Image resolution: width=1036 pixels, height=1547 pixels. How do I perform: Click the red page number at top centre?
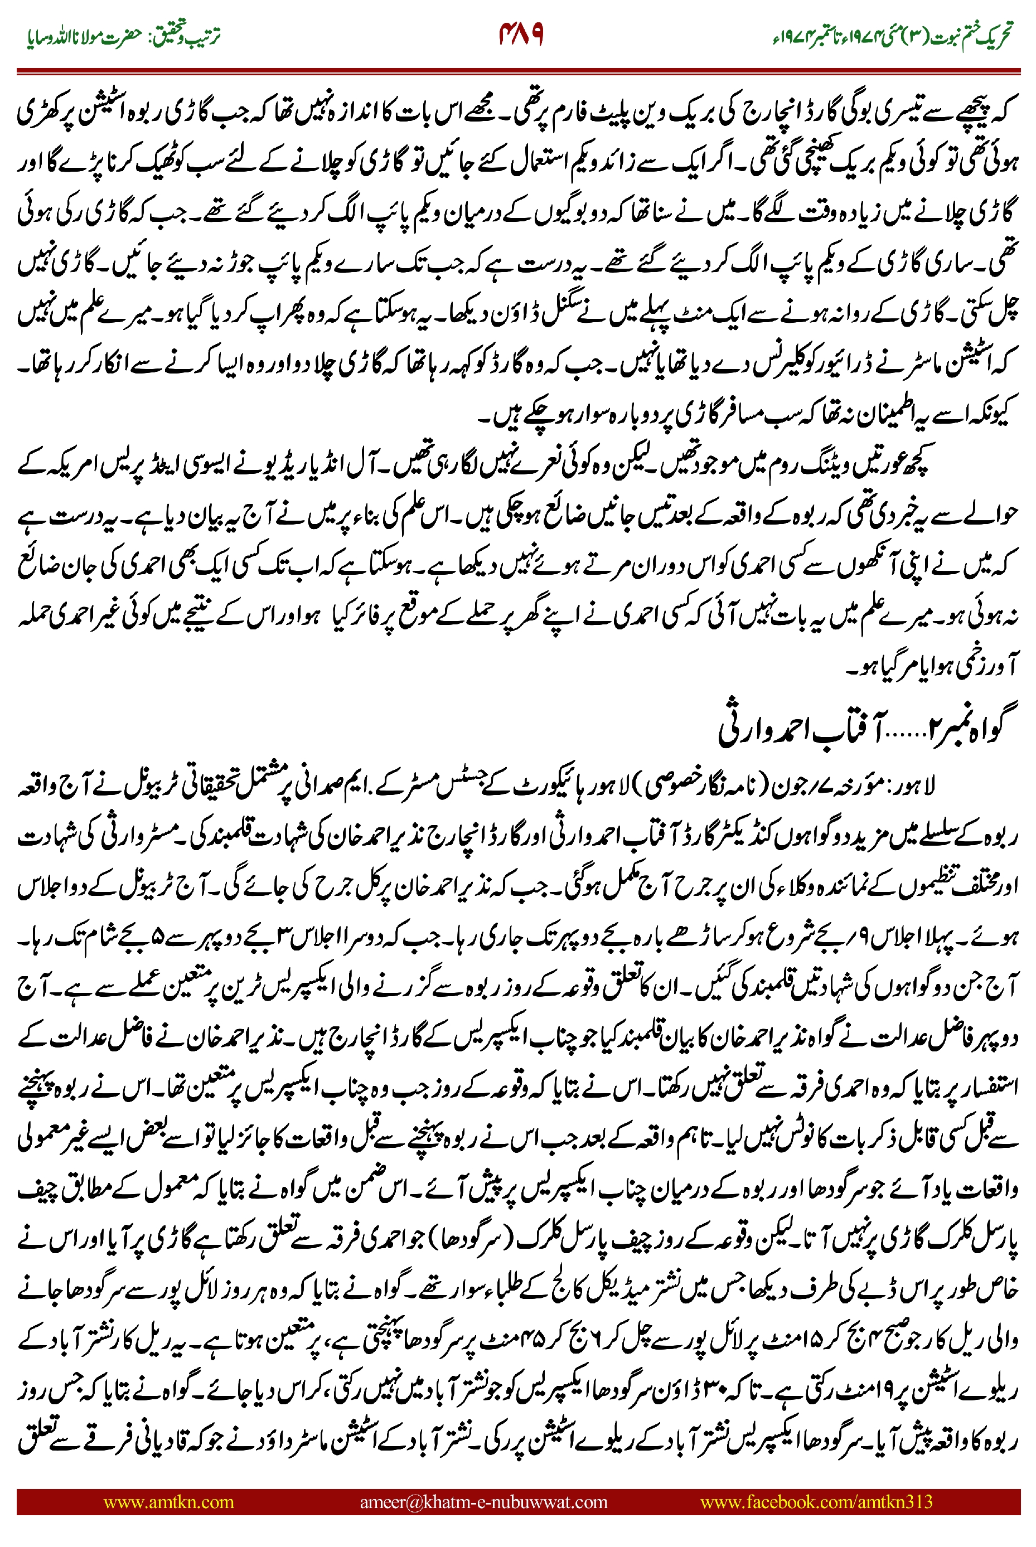tap(521, 35)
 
